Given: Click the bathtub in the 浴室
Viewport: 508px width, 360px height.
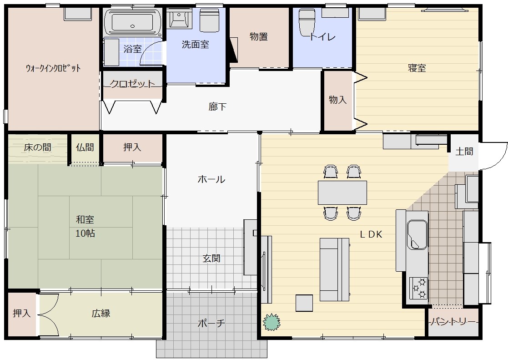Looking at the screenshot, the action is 132,21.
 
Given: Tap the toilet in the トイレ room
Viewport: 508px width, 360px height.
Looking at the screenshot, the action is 307,22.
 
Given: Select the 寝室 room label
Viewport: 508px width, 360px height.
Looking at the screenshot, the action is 417,68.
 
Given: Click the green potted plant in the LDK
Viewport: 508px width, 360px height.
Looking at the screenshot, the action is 272,322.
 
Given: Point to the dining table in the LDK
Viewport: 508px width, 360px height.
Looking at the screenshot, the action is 342,193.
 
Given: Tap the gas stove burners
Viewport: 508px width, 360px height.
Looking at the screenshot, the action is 418,288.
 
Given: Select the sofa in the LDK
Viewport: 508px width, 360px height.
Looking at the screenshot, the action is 335,269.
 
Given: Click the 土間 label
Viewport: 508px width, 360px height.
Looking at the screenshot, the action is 464,152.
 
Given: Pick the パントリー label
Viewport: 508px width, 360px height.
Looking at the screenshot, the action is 453,322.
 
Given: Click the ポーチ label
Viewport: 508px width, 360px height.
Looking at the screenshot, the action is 211,323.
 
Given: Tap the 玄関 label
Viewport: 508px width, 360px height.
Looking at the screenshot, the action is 211,258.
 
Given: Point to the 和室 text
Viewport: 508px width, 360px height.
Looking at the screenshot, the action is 85,219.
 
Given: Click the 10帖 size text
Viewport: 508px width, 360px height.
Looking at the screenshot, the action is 85,233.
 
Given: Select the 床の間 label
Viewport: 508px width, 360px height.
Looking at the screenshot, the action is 37,147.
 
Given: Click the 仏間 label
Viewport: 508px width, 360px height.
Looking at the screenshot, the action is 85,147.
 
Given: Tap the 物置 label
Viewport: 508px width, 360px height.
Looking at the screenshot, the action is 258,37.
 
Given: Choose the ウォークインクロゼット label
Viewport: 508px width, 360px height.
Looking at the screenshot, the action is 53,68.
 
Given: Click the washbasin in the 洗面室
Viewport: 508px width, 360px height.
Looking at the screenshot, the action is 179,18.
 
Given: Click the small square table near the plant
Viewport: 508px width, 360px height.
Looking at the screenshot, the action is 304,303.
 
